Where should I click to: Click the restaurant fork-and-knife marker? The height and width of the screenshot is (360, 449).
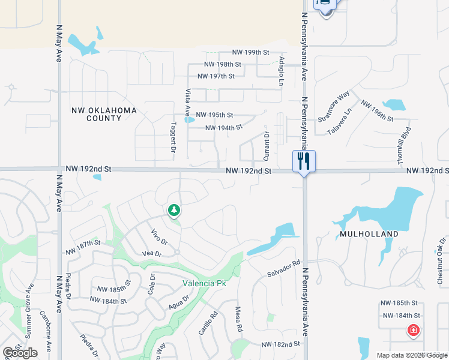[x=304, y=161]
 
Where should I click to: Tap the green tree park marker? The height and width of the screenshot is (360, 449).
[x=174, y=210]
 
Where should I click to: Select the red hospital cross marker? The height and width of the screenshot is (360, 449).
[x=413, y=330]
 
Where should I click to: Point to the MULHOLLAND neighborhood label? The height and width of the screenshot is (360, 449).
[x=369, y=234]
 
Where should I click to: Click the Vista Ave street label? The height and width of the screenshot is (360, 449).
[x=187, y=103]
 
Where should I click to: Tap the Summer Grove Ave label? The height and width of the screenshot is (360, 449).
[x=28, y=306]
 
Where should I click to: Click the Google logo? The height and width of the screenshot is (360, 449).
[x=20, y=353]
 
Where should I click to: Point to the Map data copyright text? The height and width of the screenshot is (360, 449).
[x=411, y=355]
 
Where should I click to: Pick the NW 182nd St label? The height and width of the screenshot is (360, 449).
[x=280, y=344]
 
